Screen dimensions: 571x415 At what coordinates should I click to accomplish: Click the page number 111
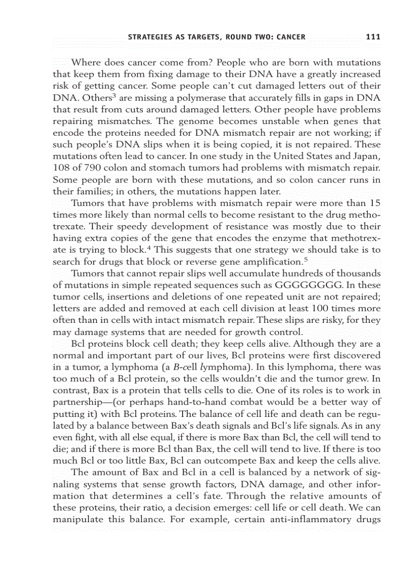[373, 37]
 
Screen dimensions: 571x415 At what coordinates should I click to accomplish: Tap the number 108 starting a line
[61, 168]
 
